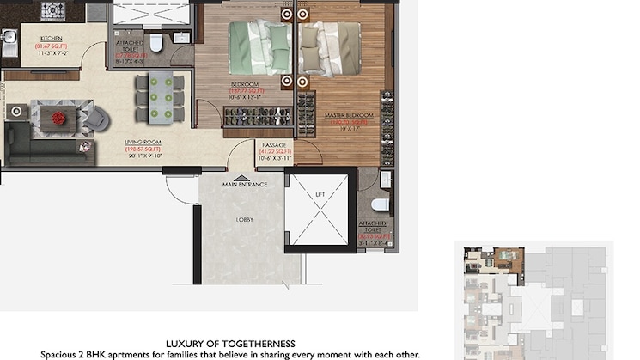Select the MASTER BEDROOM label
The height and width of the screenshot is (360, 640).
click(348, 115)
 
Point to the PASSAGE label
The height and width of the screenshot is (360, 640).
click(275, 145)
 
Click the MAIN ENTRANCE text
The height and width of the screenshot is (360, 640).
click(245, 184)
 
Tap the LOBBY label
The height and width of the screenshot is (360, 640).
click(244, 219)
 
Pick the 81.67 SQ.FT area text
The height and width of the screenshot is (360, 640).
click(51, 46)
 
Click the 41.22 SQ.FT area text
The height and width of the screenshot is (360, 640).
click(275, 152)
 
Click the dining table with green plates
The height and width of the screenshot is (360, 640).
click(161, 96)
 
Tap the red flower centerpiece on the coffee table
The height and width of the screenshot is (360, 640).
click(58, 118)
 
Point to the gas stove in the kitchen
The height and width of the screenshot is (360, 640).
click(53, 11)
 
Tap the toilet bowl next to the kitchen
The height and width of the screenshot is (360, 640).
click(156, 43)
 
